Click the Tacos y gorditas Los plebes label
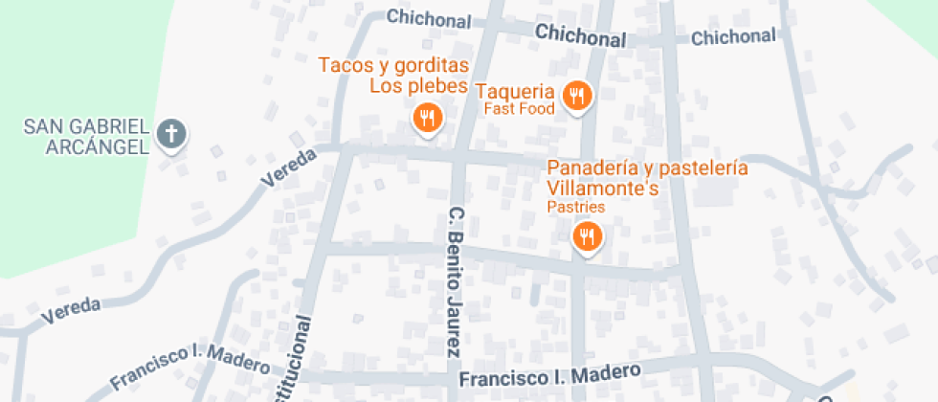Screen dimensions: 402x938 [x=393, y=76]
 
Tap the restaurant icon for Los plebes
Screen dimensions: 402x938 [x=427, y=119]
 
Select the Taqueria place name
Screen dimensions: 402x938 [x=515, y=92]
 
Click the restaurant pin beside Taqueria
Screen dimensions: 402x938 [x=576, y=96]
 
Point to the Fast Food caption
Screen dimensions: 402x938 [x=519, y=109]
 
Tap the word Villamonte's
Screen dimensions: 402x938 [x=603, y=189]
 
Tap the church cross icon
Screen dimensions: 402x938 [x=171, y=134]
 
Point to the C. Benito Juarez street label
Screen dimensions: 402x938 [x=457, y=281]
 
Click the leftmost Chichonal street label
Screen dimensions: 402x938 [x=429, y=19]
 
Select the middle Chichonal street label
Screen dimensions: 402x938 [x=580, y=36]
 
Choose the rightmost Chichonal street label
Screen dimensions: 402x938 [x=733, y=37]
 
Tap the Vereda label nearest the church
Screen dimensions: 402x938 [x=288, y=167]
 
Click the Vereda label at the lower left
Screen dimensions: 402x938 [x=73, y=310]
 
